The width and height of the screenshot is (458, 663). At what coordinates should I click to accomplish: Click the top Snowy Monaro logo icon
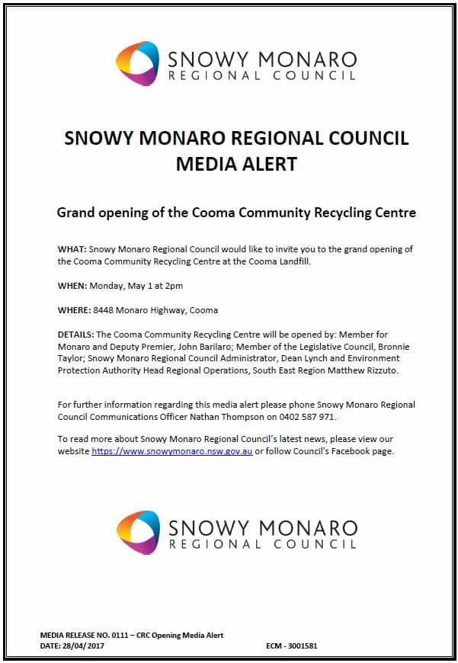click(138, 63)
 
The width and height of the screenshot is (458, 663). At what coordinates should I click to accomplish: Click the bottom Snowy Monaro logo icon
click(138, 532)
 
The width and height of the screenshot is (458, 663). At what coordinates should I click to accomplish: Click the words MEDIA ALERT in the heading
click(236, 163)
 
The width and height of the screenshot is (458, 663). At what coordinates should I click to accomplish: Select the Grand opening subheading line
click(236, 213)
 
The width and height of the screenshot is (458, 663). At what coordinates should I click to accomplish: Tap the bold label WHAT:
click(72, 250)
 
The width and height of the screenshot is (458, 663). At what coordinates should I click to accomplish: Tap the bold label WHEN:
click(72, 286)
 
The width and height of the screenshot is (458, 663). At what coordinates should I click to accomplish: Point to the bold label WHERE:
click(74, 310)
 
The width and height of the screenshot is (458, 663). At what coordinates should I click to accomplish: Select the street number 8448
click(104, 310)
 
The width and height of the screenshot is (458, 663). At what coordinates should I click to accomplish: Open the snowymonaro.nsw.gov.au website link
click(171, 452)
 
